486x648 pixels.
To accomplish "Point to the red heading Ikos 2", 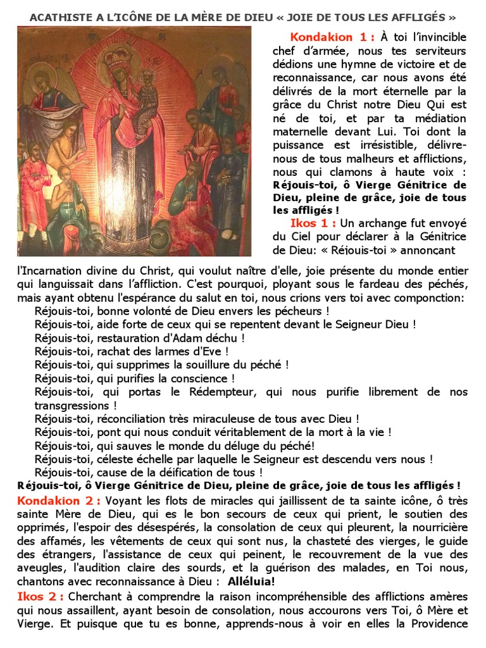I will [x=39, y=596].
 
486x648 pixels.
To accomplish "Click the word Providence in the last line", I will [x=436, y=623].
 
